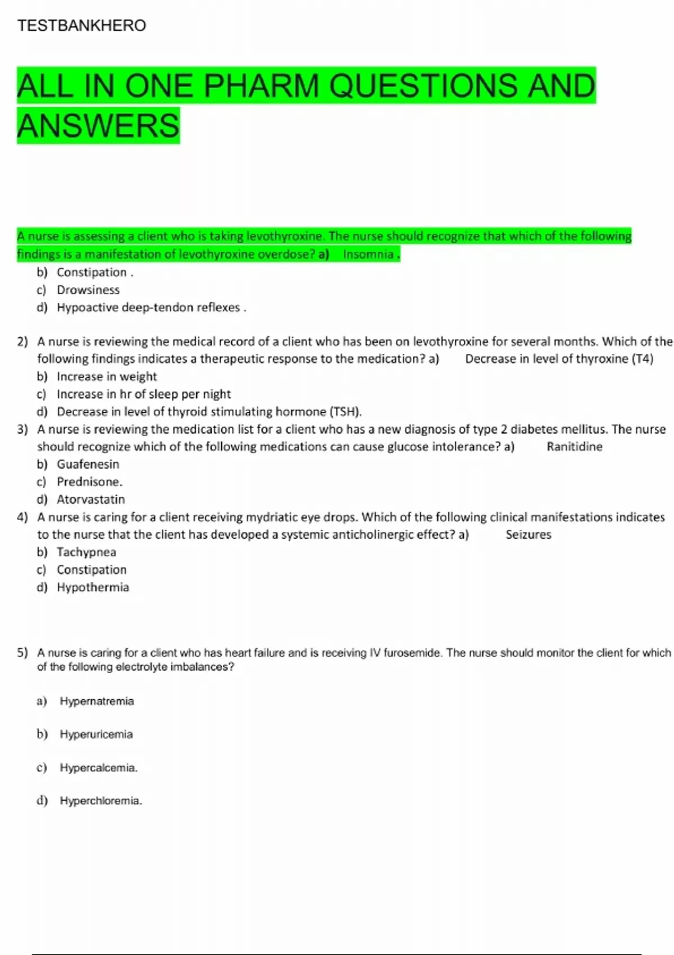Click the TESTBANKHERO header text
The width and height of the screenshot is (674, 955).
tap(81, 25)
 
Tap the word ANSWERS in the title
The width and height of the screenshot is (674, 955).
tap(98, 125)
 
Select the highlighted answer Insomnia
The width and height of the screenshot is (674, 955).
tap(368, 254)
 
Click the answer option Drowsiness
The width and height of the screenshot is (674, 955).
tap(88, 290)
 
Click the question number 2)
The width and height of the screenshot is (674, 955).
tap(22, 342)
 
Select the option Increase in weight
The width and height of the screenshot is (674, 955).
tap(107, 376)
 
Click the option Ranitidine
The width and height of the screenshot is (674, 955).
tap(574, 447)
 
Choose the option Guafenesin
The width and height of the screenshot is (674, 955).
tap(88, 464)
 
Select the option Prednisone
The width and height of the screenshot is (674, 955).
tap(89, 482)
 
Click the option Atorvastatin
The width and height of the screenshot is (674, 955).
tap(90, 499)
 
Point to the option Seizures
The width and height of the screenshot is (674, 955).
tap(528, 535)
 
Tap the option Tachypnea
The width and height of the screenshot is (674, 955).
tap(86, 552)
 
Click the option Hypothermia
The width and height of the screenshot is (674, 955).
tap(93, 588)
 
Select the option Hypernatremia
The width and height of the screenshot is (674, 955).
tap(97, 701)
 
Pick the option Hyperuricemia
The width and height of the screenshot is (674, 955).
tap(96, 734)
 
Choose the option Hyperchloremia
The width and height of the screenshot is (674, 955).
tap(100, 801)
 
